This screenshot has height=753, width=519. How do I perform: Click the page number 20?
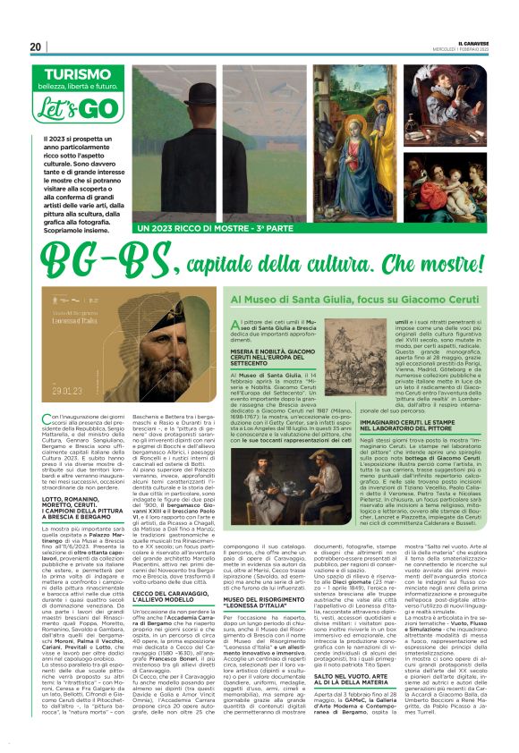36,47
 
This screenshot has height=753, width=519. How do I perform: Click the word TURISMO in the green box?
69,78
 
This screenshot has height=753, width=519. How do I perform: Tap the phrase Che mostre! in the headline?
439,265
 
